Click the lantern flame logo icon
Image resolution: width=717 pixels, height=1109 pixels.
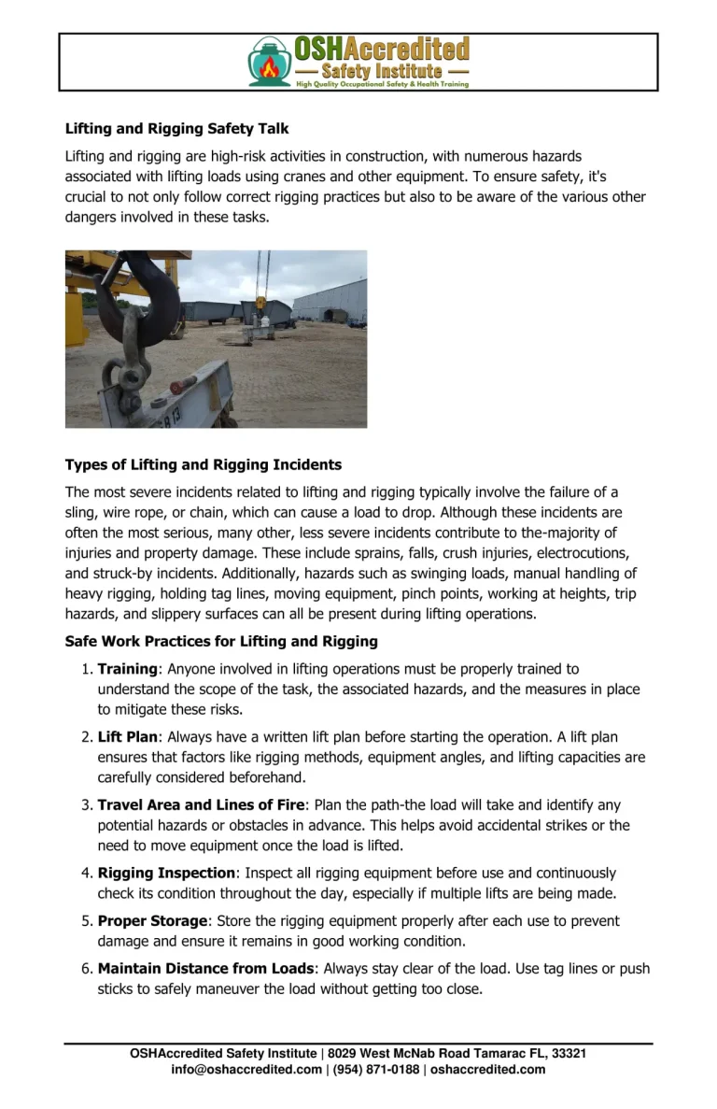pos(270,62)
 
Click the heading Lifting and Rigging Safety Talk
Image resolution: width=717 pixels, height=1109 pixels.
pos(176,129)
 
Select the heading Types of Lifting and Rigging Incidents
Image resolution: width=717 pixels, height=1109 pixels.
pos(203,464)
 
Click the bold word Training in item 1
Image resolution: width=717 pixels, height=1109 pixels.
pos(127,669)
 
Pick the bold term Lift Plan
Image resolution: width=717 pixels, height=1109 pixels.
pos(128,737)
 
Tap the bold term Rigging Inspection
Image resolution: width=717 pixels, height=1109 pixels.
pos(166,873)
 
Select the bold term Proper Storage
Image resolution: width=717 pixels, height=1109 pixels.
pos(152,921)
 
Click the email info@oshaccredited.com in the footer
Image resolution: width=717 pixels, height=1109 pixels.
pos(246,1070)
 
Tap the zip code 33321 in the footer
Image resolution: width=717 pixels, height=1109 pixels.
pos(569,1054)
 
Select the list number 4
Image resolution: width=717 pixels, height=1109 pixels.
pos(85,873)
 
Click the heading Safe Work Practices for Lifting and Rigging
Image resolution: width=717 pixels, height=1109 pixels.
pos(221,642)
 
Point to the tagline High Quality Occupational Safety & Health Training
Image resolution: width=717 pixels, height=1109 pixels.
pos(382,84)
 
